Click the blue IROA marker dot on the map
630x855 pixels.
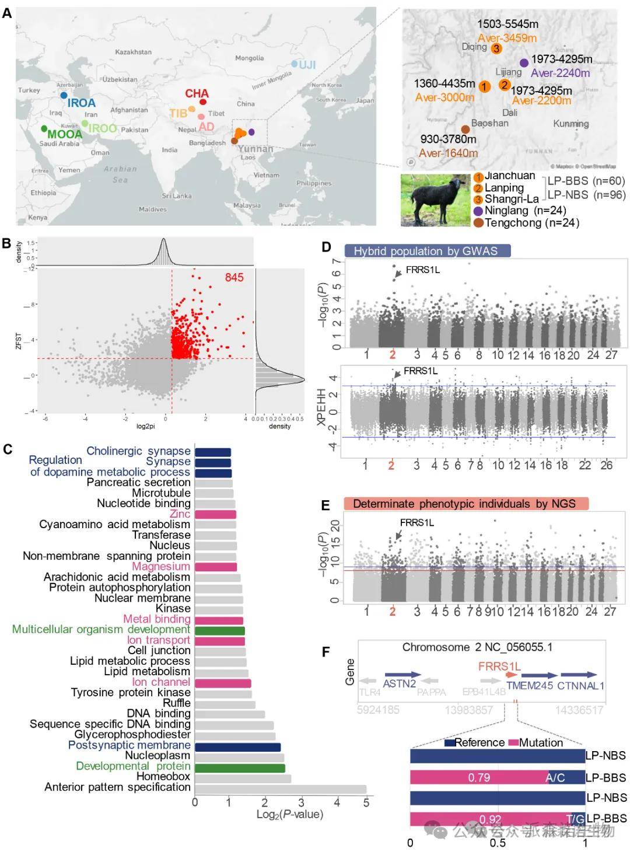click(64, 95)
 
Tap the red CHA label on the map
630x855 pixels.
click(197, 93)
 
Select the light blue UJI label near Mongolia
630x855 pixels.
click(307, 64)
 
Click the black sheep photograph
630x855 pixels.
click(435, 200)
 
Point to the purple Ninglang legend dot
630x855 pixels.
click(478, 211)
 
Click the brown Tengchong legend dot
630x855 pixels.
click(478, 223)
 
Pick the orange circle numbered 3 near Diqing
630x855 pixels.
click(496, 48)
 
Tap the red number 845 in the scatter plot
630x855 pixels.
click(234, 277)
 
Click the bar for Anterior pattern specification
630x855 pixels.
click(281, 789)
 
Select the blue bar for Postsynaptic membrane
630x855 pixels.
click(237, 747)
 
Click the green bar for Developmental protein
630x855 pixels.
click(240, 768)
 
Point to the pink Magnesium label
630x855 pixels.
click(161, 567)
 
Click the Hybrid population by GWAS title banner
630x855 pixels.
click(427, 251)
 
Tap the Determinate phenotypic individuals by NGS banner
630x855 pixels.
click(466, 504)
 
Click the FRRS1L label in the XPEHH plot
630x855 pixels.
click(420, 371)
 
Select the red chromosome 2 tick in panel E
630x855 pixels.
click(392, 611)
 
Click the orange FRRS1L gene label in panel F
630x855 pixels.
click(499, 666)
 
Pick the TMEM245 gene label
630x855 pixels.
click(529, 686)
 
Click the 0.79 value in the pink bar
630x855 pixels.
click(479, 777)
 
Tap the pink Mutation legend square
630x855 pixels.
click(513, 743)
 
